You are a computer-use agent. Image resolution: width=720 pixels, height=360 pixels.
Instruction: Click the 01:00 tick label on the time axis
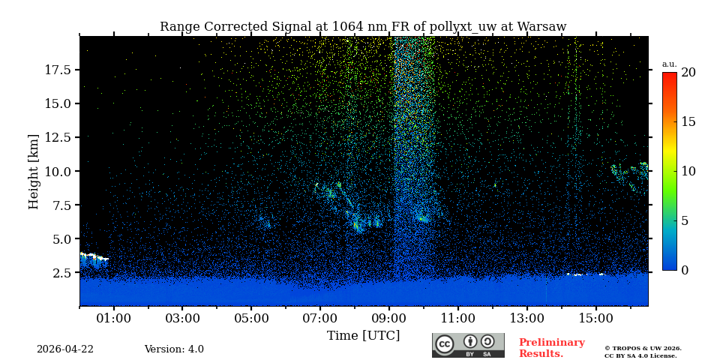[x=114, y=318]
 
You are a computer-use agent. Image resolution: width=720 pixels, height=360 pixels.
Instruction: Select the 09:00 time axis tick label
[x=389, y=318]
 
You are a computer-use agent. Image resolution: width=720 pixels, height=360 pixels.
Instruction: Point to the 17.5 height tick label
[x=58, y=70]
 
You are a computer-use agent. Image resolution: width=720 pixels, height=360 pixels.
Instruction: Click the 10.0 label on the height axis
[x=58, y=171]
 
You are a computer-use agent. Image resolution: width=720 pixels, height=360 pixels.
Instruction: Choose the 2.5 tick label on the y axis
[x=62, y=273]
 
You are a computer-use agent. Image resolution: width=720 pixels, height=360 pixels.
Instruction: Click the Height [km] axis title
[x=34, y=171]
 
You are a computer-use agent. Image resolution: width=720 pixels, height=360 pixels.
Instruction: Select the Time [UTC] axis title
[x=364, y=335]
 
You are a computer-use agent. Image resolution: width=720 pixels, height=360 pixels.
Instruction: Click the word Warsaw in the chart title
[x=540, y=27]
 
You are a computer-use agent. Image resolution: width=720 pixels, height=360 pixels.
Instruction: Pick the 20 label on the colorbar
[x=688, y=73]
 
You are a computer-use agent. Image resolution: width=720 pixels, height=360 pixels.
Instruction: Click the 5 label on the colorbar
[x=685, y=220]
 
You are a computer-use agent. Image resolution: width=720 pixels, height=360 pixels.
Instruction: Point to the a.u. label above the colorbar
[x=669, y=64]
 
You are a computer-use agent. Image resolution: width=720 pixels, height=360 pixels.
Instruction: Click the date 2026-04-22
[x=65, y=349]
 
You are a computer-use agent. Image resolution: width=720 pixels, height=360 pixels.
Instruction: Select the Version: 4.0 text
[x=174, y=349]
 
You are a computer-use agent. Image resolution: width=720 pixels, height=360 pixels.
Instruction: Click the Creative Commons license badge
[x=468, y=345]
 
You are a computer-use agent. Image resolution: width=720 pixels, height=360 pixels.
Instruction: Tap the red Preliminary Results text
[x=551, y=348]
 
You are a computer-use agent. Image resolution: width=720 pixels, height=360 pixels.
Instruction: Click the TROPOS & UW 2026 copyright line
[x=643, y=348]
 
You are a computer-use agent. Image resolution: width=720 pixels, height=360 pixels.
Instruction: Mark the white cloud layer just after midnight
[x=94, y=257]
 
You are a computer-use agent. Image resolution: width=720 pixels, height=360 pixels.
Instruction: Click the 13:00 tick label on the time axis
[x=527, y=318]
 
